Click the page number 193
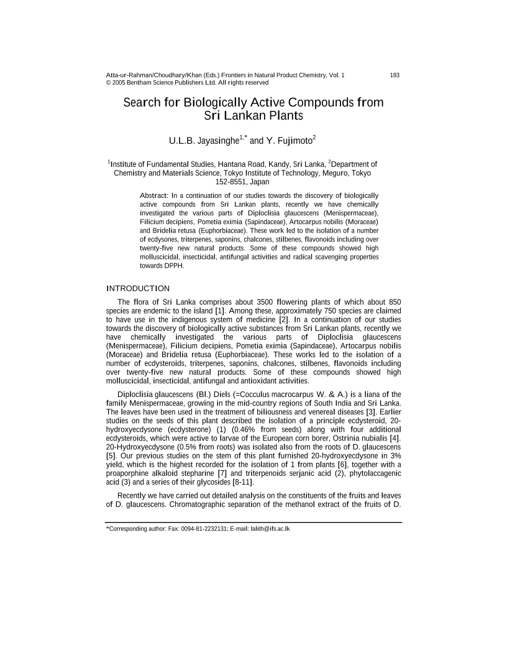(x=395, y=75)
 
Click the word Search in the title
(x=143, y=102)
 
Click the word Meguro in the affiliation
(x=337, y=173)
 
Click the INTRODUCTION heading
(x=137, y=288)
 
